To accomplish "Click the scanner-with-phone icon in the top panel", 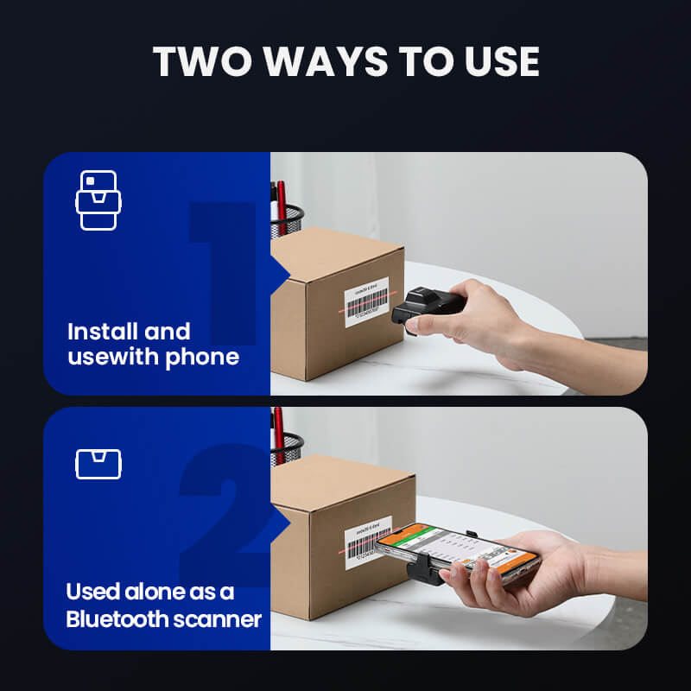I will pos(98,200).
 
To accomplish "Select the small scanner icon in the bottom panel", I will pos(98,464).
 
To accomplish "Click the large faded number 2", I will pos(226,514).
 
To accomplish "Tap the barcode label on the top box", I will pos(367,302).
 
